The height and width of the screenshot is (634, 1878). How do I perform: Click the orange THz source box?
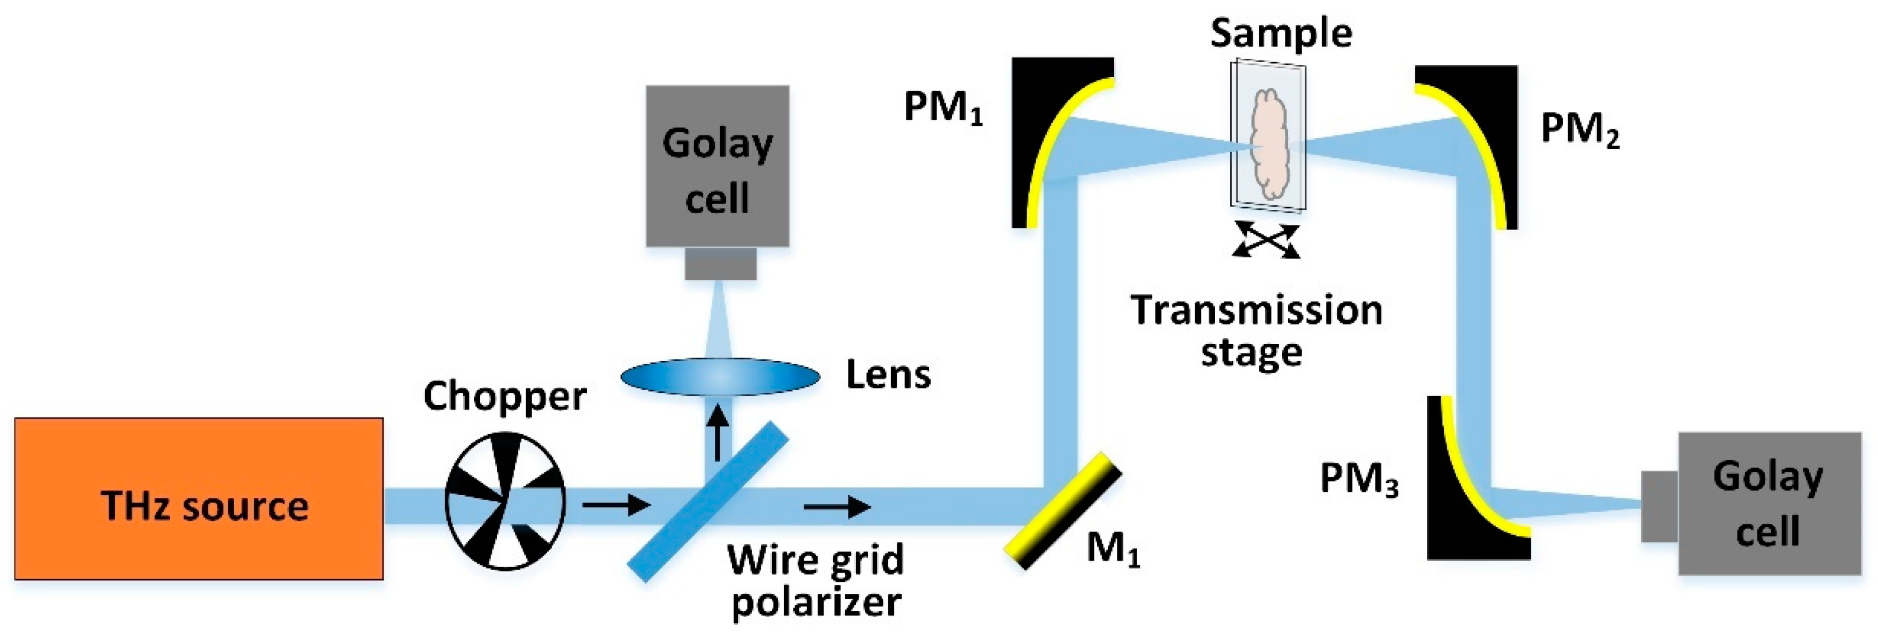tap(198, 499)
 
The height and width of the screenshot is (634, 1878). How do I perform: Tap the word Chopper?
tap(505, 396)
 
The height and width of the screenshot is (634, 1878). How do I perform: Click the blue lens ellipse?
tap(720, 377)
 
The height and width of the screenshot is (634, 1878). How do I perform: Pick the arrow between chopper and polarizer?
tap(616, 504)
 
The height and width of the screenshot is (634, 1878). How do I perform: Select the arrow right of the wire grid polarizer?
tap(837, 506)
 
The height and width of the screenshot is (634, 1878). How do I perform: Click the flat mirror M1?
tap(1062, 510)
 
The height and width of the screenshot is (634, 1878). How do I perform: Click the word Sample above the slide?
tap(1281, 34)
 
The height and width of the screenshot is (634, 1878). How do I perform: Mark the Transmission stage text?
tap(1255, 331)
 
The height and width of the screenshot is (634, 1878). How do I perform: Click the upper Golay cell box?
tap(717, 166)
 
